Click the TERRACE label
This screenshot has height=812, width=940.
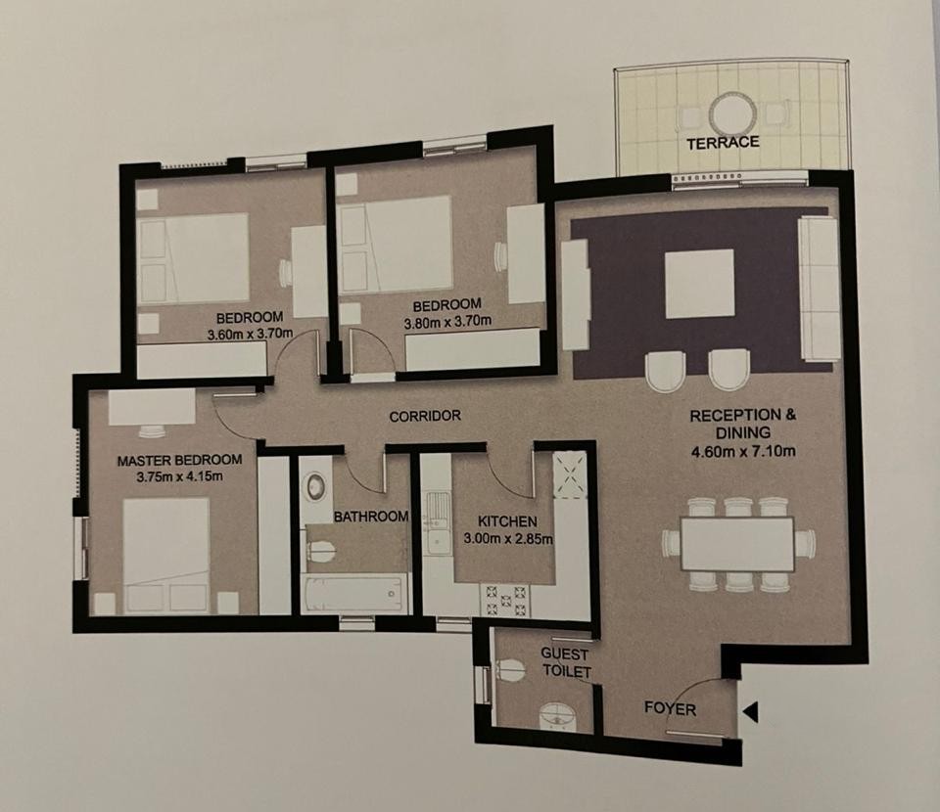[723, 143]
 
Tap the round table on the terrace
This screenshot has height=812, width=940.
[732, 113]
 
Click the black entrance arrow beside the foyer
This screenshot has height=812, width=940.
[751, 712]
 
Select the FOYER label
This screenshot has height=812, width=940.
[670, 709]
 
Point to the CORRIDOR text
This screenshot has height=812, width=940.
[425, 416]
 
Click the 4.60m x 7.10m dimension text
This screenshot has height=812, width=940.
[743, 451]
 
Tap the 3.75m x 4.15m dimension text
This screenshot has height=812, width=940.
[179, 477]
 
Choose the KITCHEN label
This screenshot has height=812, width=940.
[507, 521]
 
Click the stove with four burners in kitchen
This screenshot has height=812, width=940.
[505, 600]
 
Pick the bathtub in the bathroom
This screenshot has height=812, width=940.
[354, 593]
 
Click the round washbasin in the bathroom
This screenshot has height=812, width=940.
[316, 486]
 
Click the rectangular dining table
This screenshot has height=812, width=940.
[737, 544]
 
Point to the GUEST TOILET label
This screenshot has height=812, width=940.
[566, 662]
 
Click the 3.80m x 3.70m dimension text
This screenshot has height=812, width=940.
[447, 322]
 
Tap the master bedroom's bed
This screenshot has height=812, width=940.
[166, 556]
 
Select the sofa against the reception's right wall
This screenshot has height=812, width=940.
[819, 289]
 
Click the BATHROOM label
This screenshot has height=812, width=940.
[371, 517]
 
